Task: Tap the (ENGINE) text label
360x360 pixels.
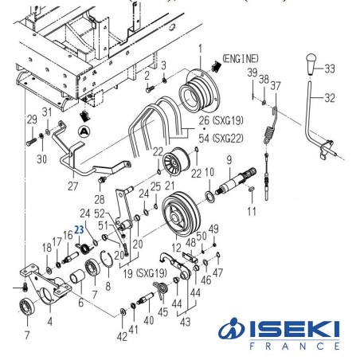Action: (243, 60)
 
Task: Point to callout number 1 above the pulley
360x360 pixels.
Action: (201, 49)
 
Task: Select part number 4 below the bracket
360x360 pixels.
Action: (50, 323)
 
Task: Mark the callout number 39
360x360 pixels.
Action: (252, 73)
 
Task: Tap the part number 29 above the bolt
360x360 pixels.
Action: (32, 119)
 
